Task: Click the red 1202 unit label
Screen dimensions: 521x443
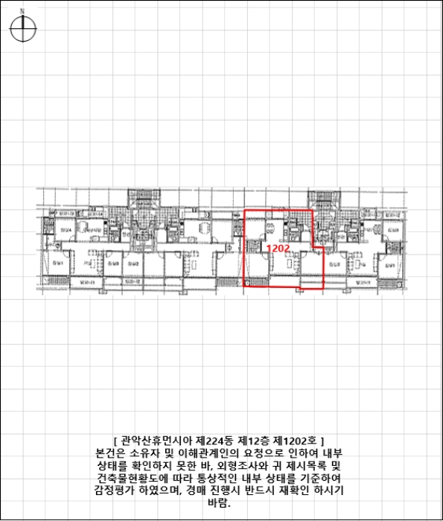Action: (278, 248)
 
